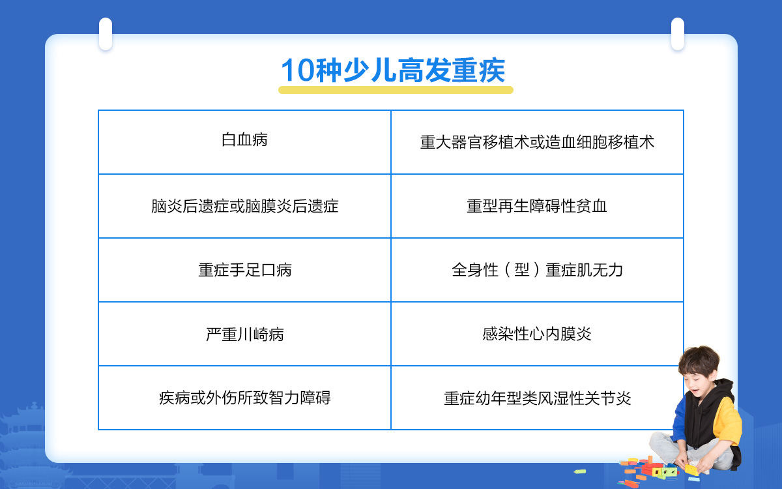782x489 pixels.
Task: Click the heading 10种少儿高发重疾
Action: point(393,70)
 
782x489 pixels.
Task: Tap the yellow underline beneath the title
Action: point(396,90)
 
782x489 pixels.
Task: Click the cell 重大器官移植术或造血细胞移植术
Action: point(537,143)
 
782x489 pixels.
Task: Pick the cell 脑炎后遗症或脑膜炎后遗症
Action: point(244,206)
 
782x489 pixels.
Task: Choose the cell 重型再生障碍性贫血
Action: point(537,206)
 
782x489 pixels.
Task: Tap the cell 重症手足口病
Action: point(244,270)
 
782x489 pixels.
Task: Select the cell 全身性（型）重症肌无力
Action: point(537,270)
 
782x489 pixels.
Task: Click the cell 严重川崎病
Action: point(244,334)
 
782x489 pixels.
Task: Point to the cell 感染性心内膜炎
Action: point(537,334)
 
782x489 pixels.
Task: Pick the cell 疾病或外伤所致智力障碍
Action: point(244,398)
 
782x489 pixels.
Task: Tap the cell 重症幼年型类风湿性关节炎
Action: point(537,398)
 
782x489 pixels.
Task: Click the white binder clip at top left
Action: point(106,34)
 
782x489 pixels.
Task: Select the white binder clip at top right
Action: point(678,34)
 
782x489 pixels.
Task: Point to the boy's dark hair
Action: point(699,360)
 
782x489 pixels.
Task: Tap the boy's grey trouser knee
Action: point(661,443)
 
